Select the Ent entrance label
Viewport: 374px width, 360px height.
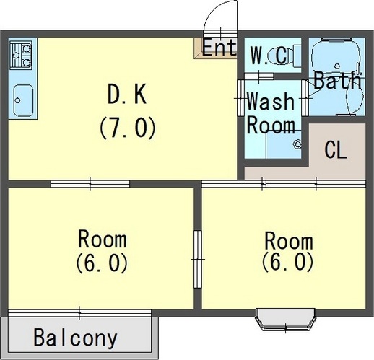pos(219,48)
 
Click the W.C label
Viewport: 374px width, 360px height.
pos(269,54)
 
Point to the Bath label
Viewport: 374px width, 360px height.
pos(336,81)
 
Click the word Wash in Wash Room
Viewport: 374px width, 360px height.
pos(270,100)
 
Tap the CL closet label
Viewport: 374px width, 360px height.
pos(336,151)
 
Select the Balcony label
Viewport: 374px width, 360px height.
pos(75,338)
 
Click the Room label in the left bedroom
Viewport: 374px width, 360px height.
pos(102,239)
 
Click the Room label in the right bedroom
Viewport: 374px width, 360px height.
pos(288,240)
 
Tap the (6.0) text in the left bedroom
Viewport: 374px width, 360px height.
pos(102,262)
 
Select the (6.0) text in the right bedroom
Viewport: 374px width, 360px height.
pos(288,260)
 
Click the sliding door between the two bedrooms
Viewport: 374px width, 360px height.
pos(197,258)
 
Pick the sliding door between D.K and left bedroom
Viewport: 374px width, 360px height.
pos(90,183)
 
